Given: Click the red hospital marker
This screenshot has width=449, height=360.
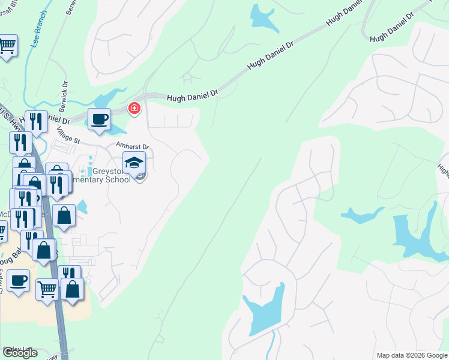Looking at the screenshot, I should coord(134,108).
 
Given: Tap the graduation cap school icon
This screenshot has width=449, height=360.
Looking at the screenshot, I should coord(134,163).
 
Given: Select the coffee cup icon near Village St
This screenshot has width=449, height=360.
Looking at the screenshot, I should coord(99,119).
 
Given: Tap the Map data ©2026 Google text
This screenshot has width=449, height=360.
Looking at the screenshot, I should coord(411,355).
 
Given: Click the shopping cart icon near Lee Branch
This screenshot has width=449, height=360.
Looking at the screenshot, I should coord(7,45).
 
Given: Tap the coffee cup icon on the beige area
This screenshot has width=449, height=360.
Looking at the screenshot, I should coord(19,280).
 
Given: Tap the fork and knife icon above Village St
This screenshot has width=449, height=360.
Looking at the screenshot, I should coord(37,122).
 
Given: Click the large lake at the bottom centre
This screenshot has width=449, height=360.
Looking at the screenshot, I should coord(265,312).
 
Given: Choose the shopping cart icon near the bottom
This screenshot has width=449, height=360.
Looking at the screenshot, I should coord(47,290).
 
